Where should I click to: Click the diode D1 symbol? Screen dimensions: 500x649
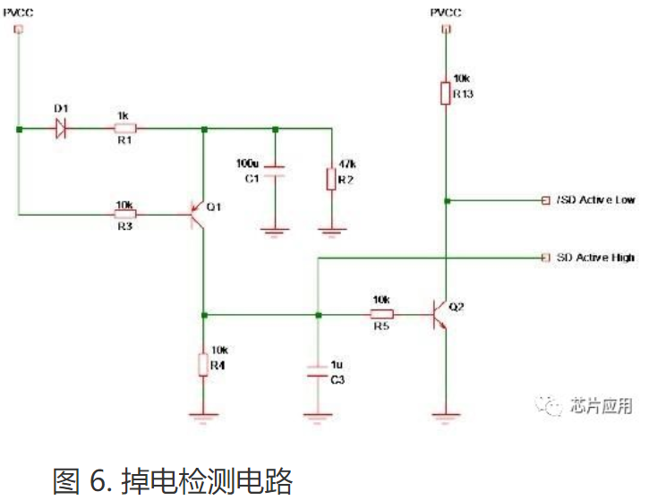point(61,129)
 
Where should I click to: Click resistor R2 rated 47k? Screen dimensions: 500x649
point(331,176)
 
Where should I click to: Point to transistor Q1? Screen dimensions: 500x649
point(199,214)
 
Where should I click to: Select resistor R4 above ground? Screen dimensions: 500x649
point(204,364)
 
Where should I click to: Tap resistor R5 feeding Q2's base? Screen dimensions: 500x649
point(382,315)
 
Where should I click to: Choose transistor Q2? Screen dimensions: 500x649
point(439,315)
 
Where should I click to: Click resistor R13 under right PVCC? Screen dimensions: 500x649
point(444,93)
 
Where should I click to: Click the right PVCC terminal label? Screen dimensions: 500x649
point(444,11)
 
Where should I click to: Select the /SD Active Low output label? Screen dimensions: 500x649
point(594,199)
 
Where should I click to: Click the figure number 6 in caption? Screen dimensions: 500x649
point(97,481)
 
